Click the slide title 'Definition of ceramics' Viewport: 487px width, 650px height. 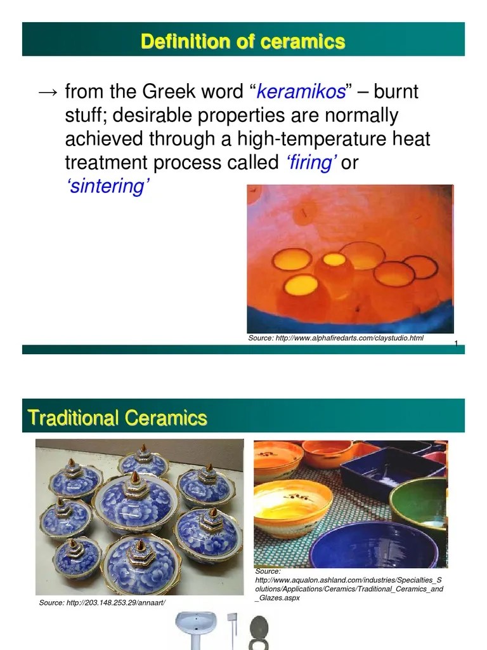coord(243,42)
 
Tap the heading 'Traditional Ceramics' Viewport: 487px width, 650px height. coord(118,418)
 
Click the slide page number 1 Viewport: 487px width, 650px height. coord(456,343)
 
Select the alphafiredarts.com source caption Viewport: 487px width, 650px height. coord(335,338)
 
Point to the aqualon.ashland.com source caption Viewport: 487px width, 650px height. coord(349,585)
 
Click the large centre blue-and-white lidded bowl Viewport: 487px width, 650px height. coord(135,502)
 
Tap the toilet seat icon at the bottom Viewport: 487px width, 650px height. coord(259,631)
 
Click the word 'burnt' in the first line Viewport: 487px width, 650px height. coord(396,93)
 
